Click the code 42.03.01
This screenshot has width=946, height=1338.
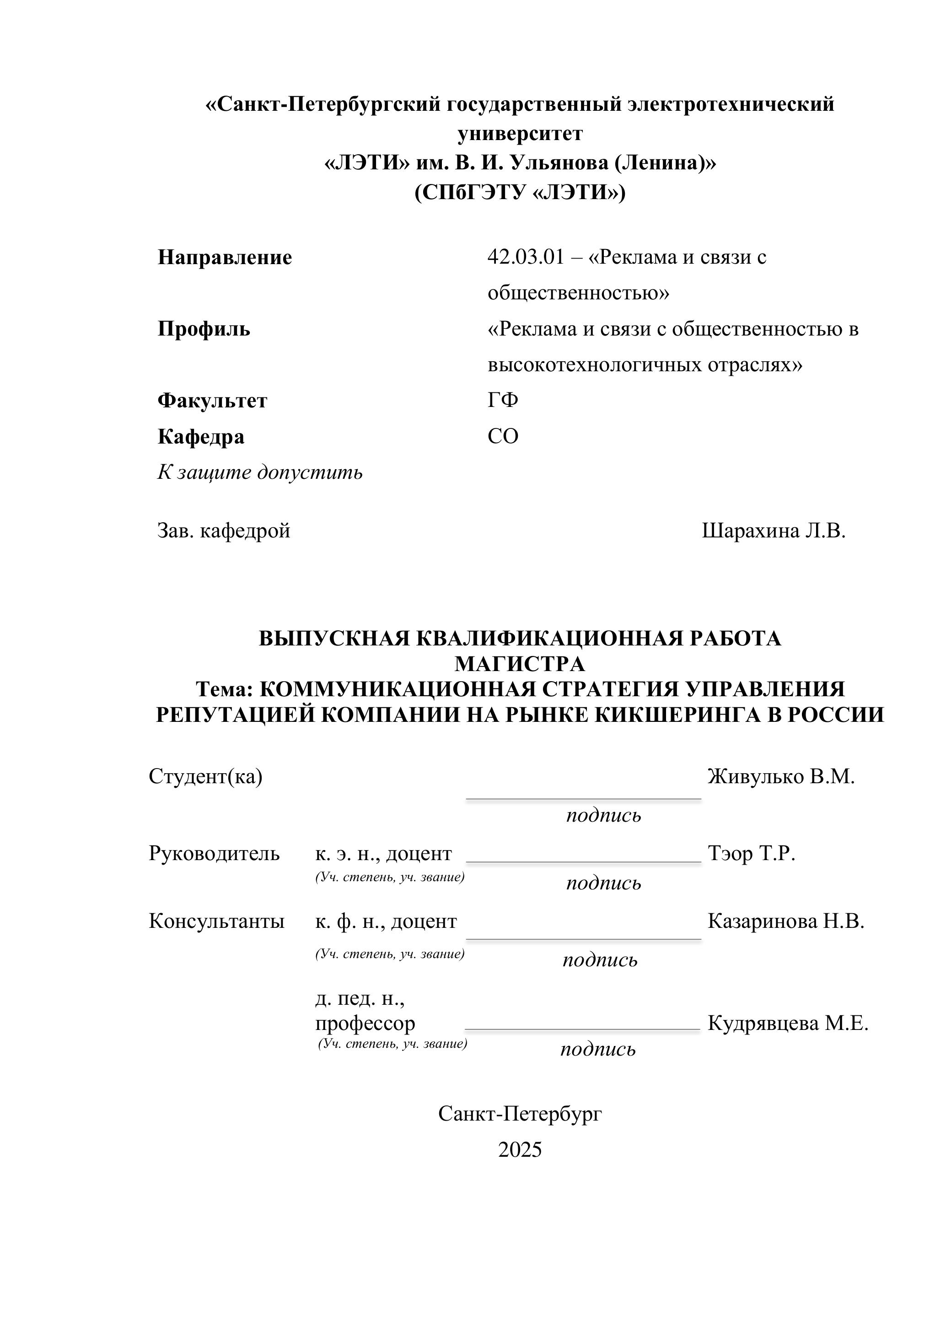click(x=526, y=257)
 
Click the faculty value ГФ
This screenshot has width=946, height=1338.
click(x=503, y=401)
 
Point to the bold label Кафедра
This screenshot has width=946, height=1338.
click(x=200, y=437)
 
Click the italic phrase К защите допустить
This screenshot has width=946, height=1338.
click(x=260, y=472)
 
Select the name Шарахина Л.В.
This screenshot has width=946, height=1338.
click(x=773, y=531)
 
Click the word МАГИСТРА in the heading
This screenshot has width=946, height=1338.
click(x=520, y=664)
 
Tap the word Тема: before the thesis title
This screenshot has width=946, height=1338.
click(x=224, y=689)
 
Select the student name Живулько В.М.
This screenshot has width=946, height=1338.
click(x=780, y=776)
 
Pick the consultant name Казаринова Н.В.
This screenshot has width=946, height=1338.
click(x=785, y=921)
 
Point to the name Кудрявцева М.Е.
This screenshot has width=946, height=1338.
click(x=788, y=1023)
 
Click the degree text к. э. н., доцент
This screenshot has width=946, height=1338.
click(x=383, y=853)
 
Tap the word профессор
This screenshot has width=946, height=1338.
click(x=365, y=1023)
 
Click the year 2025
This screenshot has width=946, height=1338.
click(x=520, y=1149)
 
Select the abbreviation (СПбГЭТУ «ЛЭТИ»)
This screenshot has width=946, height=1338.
click(x=520, y=192)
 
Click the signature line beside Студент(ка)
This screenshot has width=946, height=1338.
click(x=583, y=799)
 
